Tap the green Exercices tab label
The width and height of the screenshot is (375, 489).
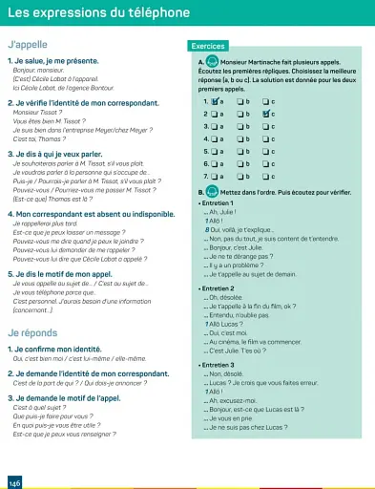pyautogui.click(x=207, y=46)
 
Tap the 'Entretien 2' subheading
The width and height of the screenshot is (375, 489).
pyautogui.click(x=218, y=287)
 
